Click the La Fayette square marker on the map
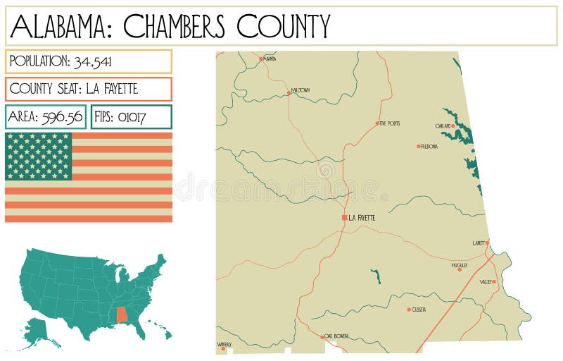point(344,218)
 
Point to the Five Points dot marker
point(377,123)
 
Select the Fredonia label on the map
point(429,147)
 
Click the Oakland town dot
point(454,126)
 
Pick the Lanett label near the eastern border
point(479,243)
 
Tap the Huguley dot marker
point(460,269)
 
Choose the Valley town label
point(486,282)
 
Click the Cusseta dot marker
point(408,310)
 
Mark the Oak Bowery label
point(336,336)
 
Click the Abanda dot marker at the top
point(260,59)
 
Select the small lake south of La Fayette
point(376,276)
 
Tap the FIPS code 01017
point(132,117)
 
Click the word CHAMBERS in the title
point(175,27)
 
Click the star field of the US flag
point(39,156)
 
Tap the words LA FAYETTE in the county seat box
point(112,89)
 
